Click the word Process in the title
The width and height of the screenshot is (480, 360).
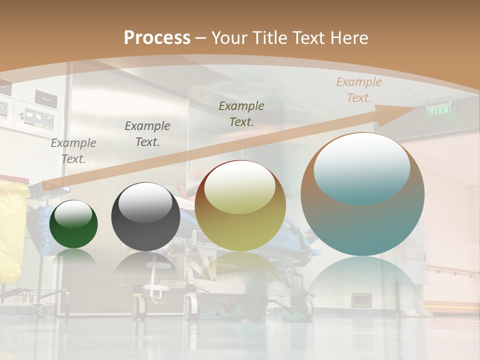[157, 38]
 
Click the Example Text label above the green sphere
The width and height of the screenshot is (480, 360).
[73, 151]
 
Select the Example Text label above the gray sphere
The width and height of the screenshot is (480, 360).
[147, 134]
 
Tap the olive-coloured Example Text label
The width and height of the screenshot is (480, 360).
[241, 113]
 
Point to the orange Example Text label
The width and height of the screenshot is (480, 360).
[359, 90]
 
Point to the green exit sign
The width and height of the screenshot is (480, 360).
[438, 110]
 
